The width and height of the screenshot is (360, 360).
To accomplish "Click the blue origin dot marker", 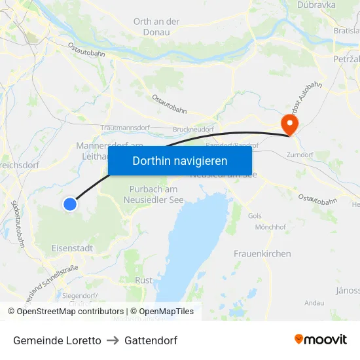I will [70, 204].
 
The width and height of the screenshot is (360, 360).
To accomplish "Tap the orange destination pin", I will [289, 123].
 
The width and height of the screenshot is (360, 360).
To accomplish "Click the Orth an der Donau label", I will [156, 27].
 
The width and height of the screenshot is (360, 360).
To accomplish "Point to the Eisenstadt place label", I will [72, 248].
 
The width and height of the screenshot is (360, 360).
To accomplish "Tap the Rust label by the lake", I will [143, 280].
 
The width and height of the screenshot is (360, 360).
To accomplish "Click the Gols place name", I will [255, 215].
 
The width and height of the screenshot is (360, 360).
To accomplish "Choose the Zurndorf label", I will [300, 154].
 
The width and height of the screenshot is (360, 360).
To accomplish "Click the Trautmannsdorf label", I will [126, 128].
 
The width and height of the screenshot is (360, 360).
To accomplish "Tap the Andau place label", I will [314, 303].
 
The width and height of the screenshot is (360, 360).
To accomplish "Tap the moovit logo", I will [321, 339].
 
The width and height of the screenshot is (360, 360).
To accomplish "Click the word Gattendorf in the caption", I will [151, 340].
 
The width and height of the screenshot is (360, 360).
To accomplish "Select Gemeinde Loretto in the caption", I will [57, 340].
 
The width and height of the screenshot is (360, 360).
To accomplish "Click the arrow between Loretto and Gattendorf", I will [113, 340].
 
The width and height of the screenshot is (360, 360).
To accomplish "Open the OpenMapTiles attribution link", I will [162, 312].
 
